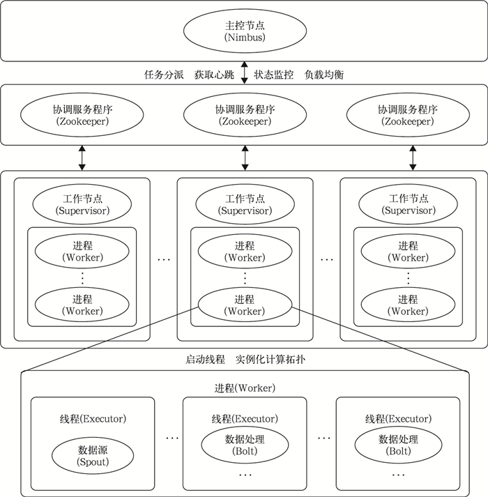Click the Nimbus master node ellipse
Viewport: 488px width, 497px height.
(245, 31)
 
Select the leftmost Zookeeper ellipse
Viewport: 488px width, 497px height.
(82, 115)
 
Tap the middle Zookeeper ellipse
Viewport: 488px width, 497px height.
(245, 115)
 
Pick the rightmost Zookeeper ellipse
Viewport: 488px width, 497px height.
(408, 115)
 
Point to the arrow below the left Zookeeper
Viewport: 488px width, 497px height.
(82, 158)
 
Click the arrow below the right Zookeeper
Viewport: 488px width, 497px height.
(413, 158)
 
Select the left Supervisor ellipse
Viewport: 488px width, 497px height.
(82, 204)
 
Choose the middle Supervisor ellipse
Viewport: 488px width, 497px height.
(245, 204)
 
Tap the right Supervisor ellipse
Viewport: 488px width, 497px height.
(408, 204)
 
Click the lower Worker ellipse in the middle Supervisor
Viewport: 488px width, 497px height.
(245, 305)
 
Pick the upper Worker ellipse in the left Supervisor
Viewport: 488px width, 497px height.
(82, 252)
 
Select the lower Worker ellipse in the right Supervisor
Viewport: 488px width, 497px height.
(408, 305)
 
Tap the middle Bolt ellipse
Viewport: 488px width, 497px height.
(245, 445)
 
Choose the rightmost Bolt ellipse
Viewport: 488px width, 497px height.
(397, 445)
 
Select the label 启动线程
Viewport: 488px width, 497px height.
(205, 360)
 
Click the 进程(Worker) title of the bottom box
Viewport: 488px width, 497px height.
(244, 388)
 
